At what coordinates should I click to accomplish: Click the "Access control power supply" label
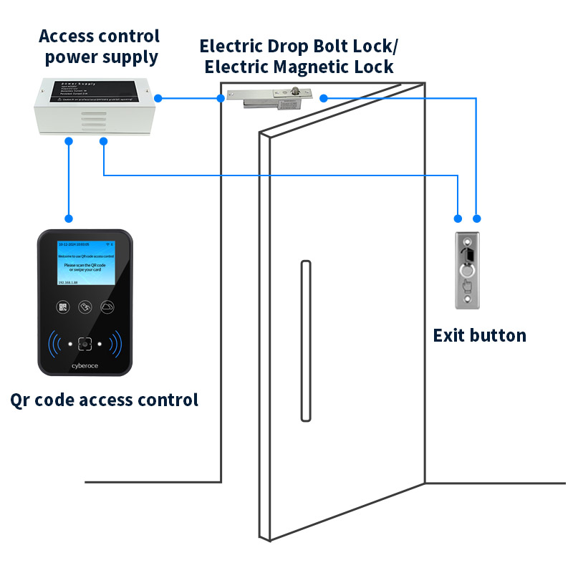(99, 46)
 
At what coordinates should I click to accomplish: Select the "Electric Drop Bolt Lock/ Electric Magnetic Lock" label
(298, 57)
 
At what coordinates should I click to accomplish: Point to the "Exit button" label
(479, 335)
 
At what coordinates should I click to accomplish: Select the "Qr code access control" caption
(105, 400)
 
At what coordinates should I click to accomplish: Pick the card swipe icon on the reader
(85, 307)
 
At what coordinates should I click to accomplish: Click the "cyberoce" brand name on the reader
(85, 365)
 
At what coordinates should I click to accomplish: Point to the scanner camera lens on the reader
(85, 344)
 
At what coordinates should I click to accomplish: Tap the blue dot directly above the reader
(69, 218)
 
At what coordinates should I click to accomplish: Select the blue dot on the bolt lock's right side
(324, 98)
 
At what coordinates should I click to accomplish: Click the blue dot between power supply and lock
(158, 98)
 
